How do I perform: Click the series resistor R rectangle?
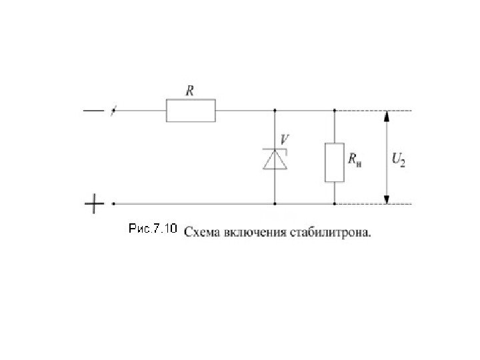(x=191, y=111)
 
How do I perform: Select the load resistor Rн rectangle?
(x=334, y=162)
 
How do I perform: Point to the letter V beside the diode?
(x=285, y=139)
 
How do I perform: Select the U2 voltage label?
(x=397, y=160)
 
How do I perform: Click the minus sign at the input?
(x=93, y=111)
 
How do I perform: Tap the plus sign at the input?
(x=94, y=203)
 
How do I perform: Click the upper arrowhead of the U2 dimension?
(x=385, y=116)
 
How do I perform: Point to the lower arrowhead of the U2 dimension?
(x=385, y=198)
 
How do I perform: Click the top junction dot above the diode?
(x=275, y=111)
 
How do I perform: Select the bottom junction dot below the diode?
(x=275, y=203)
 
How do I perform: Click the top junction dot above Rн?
(x=334, y=111)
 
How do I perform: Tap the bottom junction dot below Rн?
(x=334, y=203)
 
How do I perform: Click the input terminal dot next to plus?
(x=113, y=203)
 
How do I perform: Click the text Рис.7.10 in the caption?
(x=151, y=230)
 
